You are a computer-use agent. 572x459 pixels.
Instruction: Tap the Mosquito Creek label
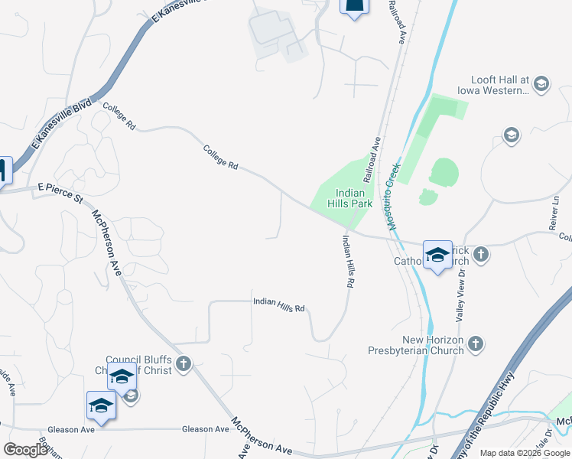coord(392,197)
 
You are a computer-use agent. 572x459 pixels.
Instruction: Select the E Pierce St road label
coord(60,192)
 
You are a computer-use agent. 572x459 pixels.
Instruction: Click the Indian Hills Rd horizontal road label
coord(279,304)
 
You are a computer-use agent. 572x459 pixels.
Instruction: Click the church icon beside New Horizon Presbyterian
coord(476,344)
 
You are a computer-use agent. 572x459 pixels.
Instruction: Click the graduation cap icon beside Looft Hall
coord(541,84)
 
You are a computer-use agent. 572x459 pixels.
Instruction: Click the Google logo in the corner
coord(25,450)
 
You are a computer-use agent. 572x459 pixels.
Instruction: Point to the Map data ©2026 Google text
coord(525,453)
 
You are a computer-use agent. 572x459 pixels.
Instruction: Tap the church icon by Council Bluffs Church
coord(183,364)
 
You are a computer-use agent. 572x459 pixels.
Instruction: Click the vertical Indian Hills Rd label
coord(349,260)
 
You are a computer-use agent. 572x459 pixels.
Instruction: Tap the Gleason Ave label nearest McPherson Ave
coord(206,429)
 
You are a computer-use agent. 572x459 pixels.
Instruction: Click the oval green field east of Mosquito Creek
coord(444,172)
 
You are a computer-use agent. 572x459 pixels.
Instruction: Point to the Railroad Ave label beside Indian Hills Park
coord(372,159)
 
